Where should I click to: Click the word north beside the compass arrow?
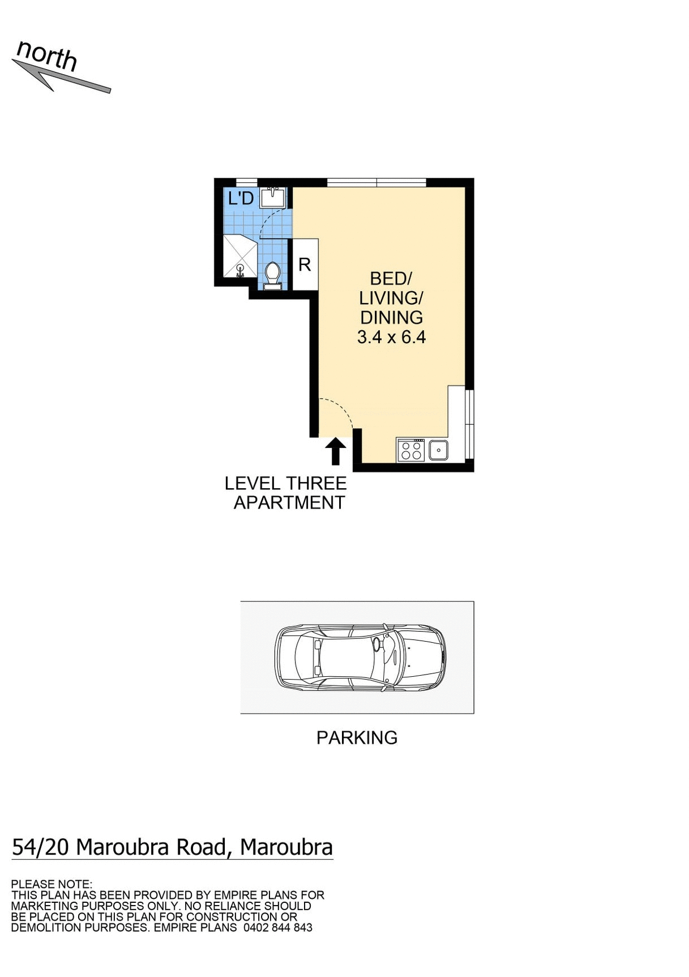47,56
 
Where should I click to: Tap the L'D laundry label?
241,199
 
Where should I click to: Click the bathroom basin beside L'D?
273,198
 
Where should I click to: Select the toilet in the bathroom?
272,275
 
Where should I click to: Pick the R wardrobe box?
305,264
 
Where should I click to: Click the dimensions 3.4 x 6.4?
391,338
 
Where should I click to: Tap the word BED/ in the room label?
391,279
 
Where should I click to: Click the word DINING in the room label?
391,318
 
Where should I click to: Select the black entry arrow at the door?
336,451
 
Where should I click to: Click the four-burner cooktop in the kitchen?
411,450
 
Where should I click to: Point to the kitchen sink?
438,450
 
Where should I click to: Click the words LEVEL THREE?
285,484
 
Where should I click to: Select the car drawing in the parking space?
360,658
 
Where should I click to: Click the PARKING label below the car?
357,738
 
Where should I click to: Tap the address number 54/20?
40,848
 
